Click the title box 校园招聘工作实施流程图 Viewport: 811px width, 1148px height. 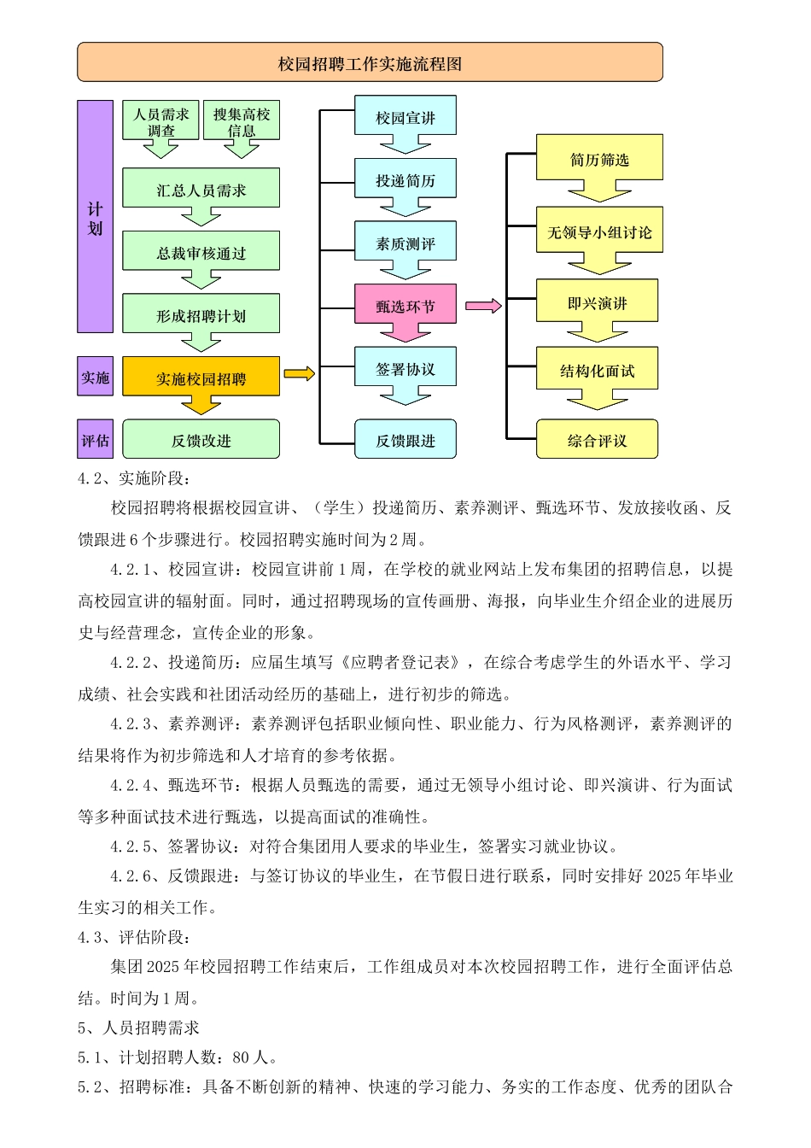point(370,62)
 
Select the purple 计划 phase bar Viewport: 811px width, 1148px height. point(95,216)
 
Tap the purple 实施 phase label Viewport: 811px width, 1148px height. point(95,377)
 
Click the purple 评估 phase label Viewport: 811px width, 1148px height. point(95,440)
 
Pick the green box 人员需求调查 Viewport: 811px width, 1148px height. point(160,120)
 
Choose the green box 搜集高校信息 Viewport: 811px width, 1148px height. point(242,120)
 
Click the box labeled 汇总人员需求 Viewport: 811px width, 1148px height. point(201,189)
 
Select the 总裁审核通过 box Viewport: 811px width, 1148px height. point(201,252)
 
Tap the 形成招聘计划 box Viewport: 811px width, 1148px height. point(201,314)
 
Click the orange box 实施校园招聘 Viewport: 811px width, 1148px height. point(201,377)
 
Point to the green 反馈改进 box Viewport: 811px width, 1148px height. point(201,439)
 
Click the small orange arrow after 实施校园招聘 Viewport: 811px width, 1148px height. point(299,373)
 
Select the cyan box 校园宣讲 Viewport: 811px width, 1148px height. point(405,116)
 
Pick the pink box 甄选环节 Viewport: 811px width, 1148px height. point(405,304)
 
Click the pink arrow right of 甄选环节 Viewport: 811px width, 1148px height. point(483,306)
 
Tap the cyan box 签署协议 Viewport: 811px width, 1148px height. point(405,367)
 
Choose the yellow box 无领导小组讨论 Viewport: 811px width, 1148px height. point(599,231)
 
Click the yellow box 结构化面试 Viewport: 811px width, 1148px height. point(597,369)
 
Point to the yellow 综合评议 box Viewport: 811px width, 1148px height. point(597,439)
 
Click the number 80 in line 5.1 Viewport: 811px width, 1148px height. point(241,1057)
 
